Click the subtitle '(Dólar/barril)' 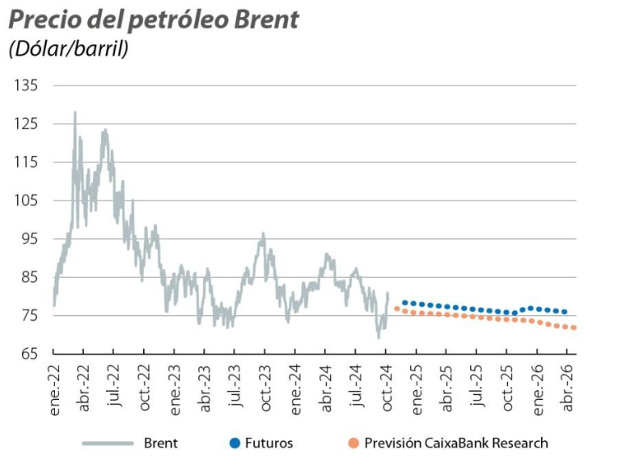click(x=69, y=48)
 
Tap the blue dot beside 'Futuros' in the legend click(x=235, y=443)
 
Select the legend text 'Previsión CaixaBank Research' click(x=455, y=443)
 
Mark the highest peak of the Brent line click(x=75, y=112)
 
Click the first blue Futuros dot click(x=404, y=302)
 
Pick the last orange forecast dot click(x=574, y=328)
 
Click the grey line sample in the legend click(x=108, y=443)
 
